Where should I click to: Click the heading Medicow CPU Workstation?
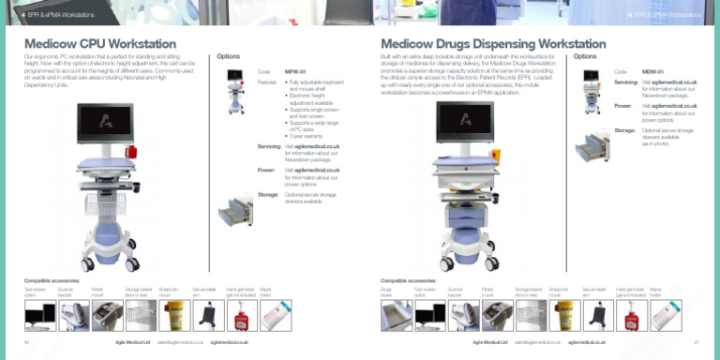point(100,44)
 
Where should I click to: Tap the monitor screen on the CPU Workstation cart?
point(105,124)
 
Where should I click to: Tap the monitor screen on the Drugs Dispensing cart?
point(464,122)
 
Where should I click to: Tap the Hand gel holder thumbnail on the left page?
point(242,316)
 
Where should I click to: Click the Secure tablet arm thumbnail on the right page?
point(598,316)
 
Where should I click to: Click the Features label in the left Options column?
point(267,82)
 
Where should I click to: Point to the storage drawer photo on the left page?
point(235,211)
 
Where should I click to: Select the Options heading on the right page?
point(585,56)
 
